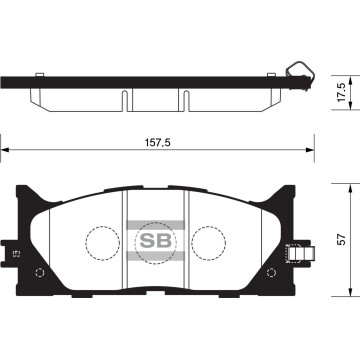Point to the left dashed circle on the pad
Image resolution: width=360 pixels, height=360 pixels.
[99, 241]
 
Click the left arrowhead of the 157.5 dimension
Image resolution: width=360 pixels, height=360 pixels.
[5, 153]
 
